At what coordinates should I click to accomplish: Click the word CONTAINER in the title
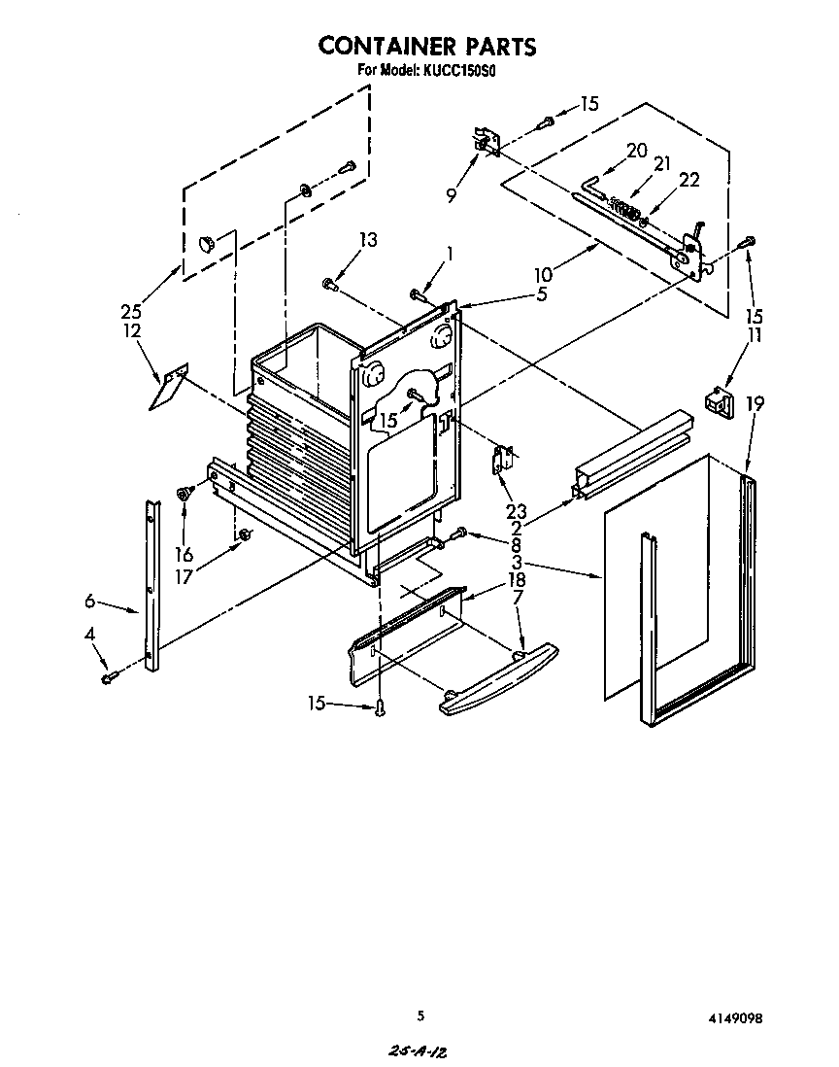pos(386,46)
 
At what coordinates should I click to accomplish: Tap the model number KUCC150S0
pos(459,70)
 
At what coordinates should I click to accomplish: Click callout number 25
pos(131,312)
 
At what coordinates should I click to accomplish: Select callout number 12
pos(132,330)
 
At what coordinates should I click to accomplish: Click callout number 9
pos(451,194)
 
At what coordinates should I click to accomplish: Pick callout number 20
pos(636,150)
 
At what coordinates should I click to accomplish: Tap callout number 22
pos(688,180)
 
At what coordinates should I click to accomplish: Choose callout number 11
pos(754,335)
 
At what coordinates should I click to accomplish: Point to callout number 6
pos(89,602)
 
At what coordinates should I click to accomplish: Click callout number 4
pos(90,635)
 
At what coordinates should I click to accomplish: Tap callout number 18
pos(516,580)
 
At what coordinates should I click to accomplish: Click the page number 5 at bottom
pos(420,1016)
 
